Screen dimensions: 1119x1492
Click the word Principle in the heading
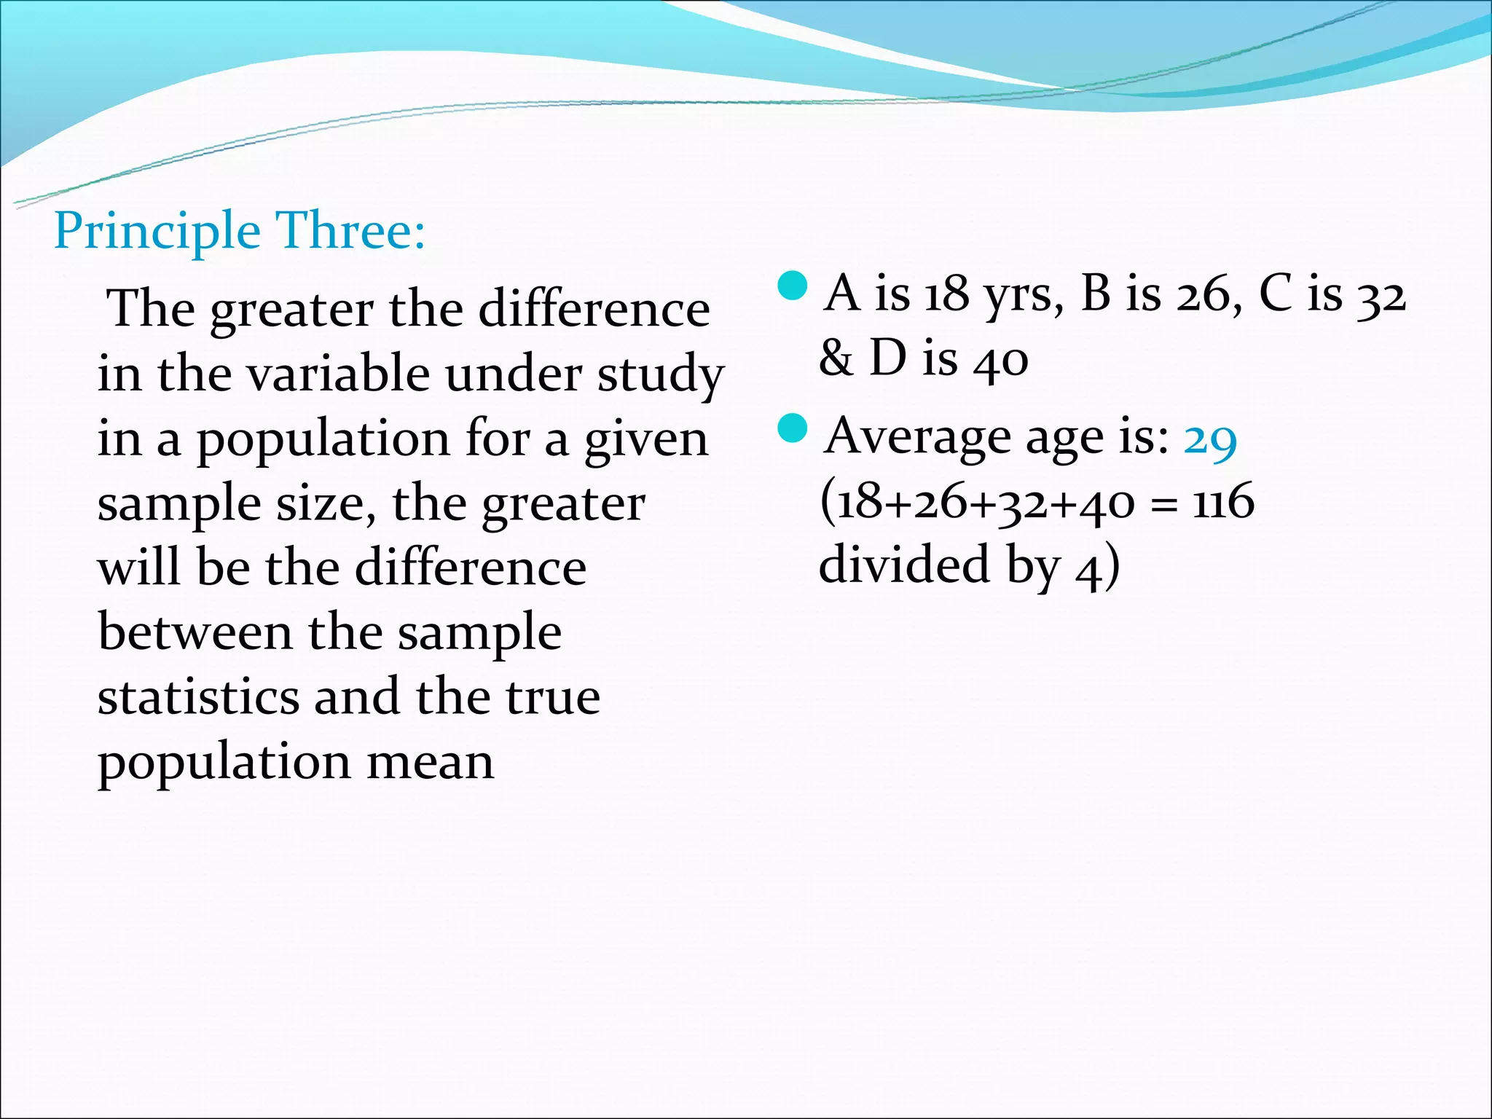[157, 232]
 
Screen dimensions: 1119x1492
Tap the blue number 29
[1210, 439]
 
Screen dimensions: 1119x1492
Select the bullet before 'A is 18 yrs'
[793, 286]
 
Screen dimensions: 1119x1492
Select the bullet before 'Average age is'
[793, 429]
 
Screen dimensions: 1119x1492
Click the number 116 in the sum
[1223, 503]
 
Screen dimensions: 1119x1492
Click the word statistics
[198, 697]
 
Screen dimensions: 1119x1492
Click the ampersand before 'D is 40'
[836, 359]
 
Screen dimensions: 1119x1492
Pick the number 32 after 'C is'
[1380, 296]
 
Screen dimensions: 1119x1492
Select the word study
[660, 376]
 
